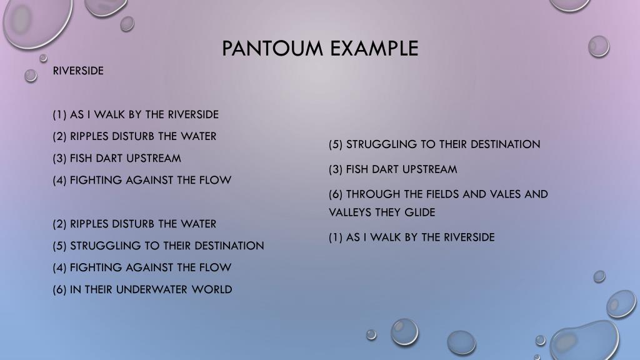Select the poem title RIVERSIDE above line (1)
pyautogui.click(x=78, y=71)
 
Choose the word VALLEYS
pyautogui.click(x=350, y=212)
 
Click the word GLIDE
pyautogui.click(x=420, y=212)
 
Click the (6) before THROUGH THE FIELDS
pyautogui.click(x=336, y=194)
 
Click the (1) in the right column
pyautogui.click(x=336, y=237)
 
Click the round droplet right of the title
pyautogui.click(x=599, y=46)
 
